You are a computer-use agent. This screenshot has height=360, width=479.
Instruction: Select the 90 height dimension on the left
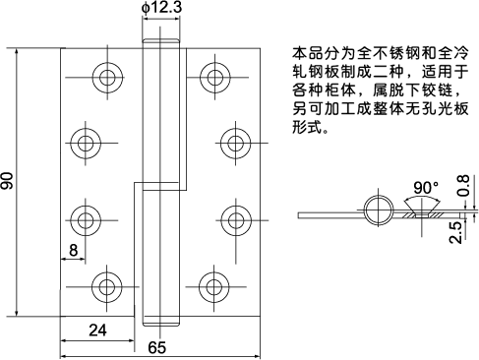coord(9,183)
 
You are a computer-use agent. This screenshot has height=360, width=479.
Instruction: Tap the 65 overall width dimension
coord(156,347)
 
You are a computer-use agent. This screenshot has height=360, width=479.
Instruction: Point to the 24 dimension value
coord(97,330)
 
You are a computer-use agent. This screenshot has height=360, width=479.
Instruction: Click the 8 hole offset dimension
coord(75,250)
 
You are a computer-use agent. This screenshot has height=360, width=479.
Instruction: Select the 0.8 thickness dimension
coord(462,186)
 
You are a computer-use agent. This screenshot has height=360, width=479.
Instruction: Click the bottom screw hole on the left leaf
coord(105,287)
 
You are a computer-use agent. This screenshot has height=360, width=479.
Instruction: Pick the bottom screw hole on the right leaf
coord(211,287)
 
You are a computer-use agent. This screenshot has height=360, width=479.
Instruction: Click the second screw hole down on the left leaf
coord(84,142)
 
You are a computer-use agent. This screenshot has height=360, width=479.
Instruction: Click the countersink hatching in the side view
coord(425,211)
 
